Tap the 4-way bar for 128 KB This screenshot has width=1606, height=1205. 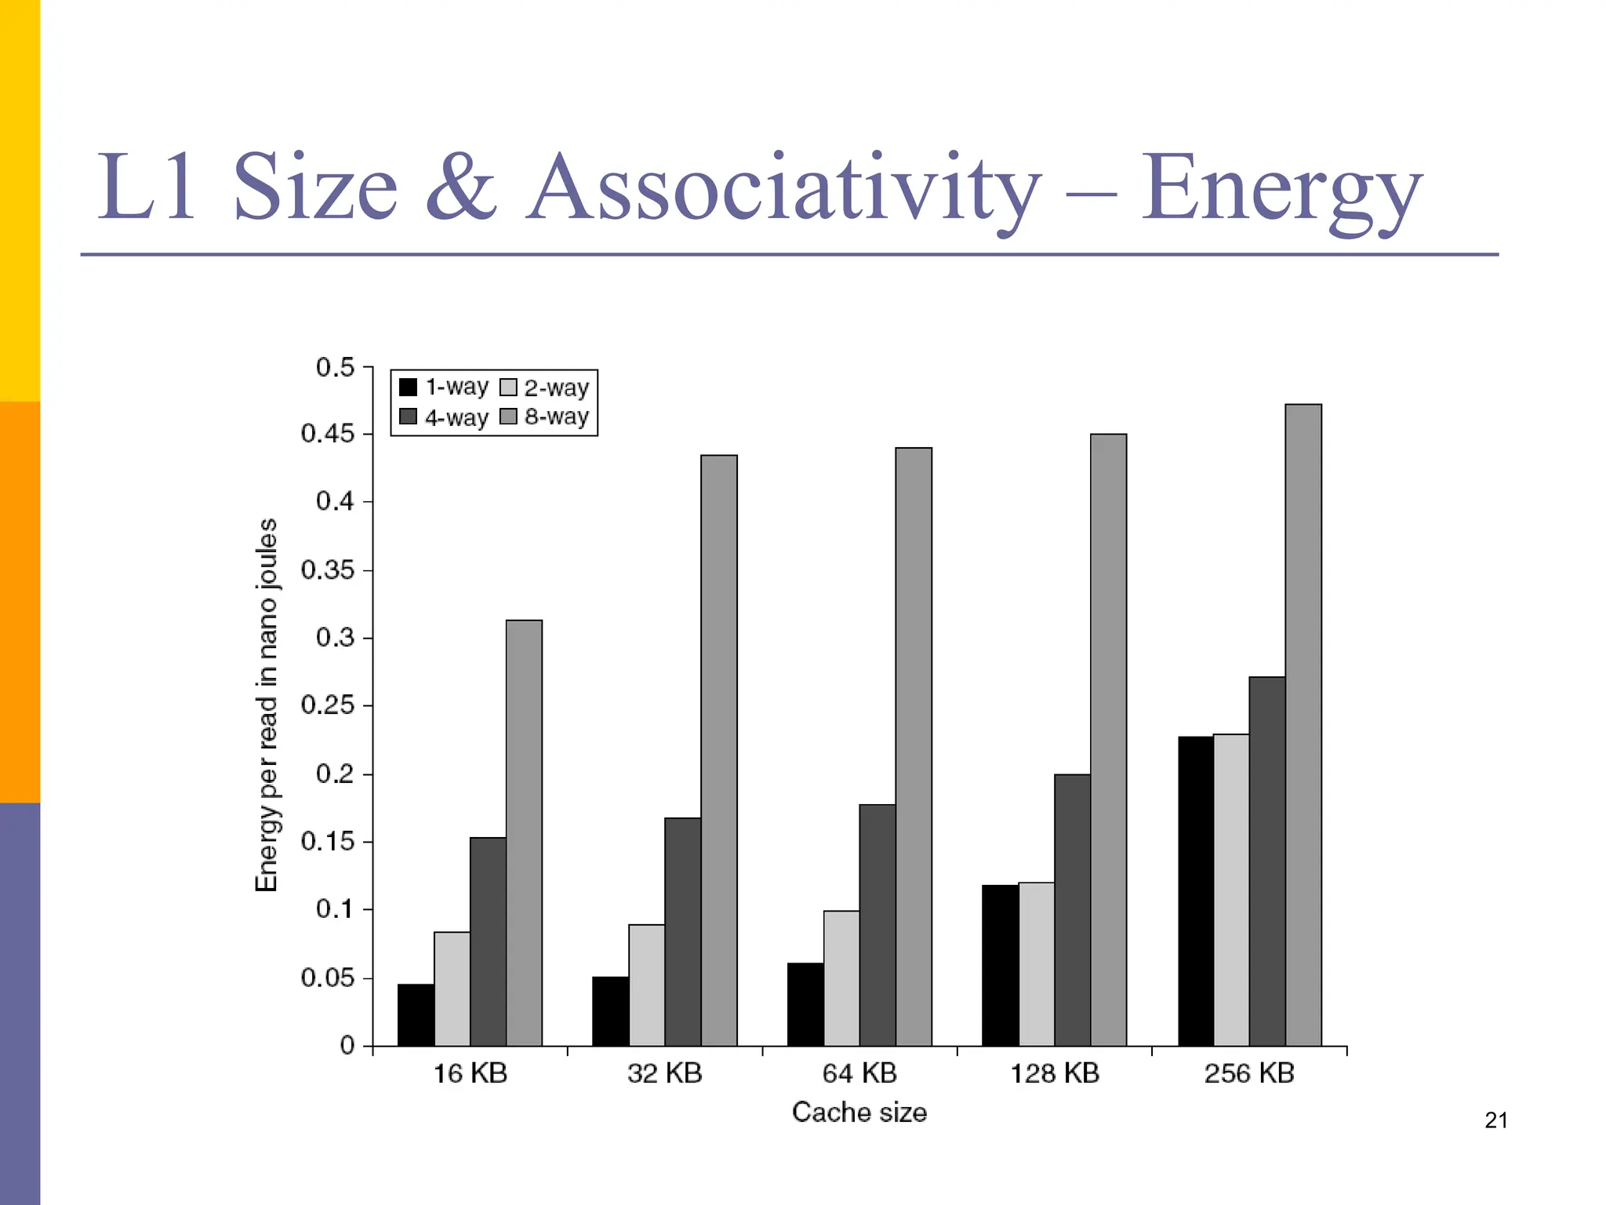tap(1072, 910)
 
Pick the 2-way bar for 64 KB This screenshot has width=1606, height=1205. tap(841, 978)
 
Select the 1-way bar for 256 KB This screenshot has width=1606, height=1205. tap(1196, 890)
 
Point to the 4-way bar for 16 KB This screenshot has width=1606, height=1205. tap(488, 941)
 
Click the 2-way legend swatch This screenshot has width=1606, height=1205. tap(508, 388)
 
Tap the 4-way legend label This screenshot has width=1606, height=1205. tap(456, 417)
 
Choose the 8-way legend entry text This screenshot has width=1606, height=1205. tap(557, 417)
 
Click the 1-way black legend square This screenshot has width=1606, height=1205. tap(408, 388)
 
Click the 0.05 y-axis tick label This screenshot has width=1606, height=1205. tap(327, 977)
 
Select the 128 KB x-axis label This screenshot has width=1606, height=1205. tap(1054, 1073)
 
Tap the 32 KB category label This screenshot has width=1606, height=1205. tap(664, 1073)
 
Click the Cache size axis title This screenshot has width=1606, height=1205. tap(859, 1112)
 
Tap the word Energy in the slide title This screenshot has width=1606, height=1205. tap(1280, 188)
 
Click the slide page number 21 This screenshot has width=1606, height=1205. tap(1495, 1120)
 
